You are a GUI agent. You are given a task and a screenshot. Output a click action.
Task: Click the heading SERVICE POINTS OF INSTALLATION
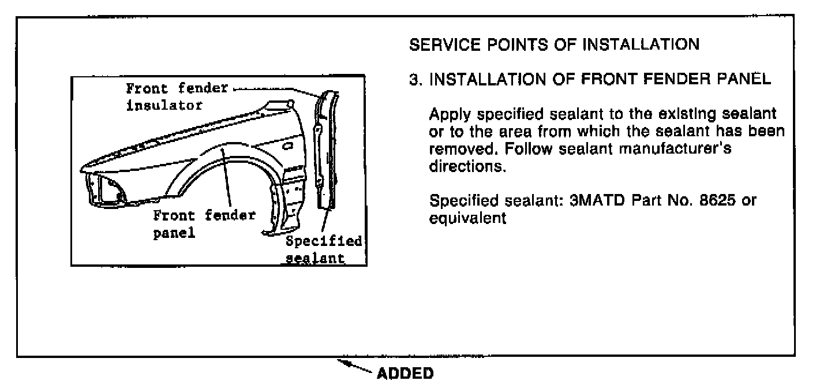pyautogui.click(x=553, y=44)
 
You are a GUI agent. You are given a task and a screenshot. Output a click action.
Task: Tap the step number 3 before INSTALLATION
pyautogui.click(x=413, y=80)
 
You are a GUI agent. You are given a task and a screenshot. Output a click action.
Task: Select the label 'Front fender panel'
pyautogui.click(x=204, y=224)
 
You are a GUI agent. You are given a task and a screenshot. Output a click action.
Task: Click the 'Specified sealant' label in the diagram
pyautogui.click(x=323, y=249)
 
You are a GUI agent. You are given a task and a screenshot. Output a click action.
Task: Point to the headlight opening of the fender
pyautogui.click(x=107, y=190)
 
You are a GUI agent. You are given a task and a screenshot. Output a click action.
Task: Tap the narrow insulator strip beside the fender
pyautogui.click(x=324, y=150)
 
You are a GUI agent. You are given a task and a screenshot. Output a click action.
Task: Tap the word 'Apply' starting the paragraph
pyautogui.click(x=446, y=114)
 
